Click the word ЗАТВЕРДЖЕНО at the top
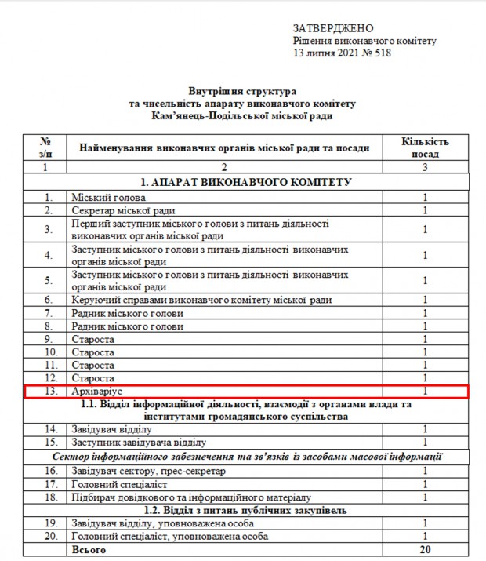click(333, 28)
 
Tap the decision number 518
click(381, 53)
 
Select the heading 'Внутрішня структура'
click(243, 92)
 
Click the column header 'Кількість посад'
click(425, 148)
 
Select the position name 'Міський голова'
click(105, 198)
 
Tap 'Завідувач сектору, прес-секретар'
click(147, 471)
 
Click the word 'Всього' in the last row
click(89, 551)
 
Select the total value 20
click(425, 551)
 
